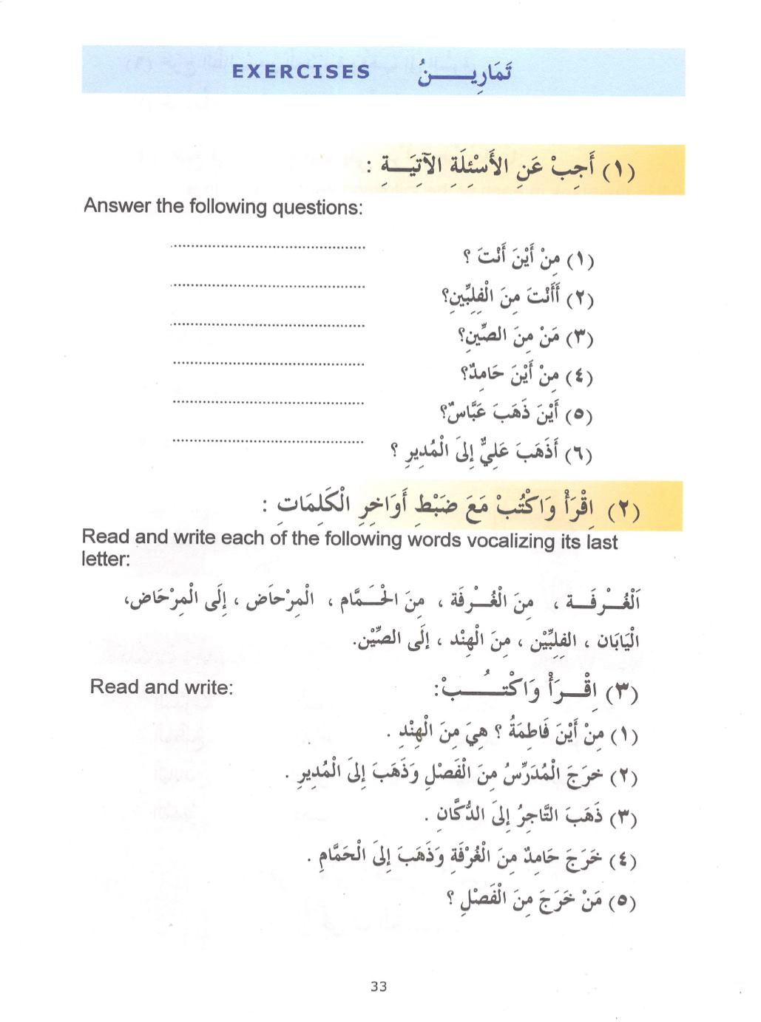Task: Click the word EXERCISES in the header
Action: tap(300, 72)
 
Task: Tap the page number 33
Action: tap(379, 987)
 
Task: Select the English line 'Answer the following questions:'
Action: tap(223, 207)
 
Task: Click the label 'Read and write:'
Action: tap(161, 687)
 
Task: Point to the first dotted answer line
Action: tap(267, 246)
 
